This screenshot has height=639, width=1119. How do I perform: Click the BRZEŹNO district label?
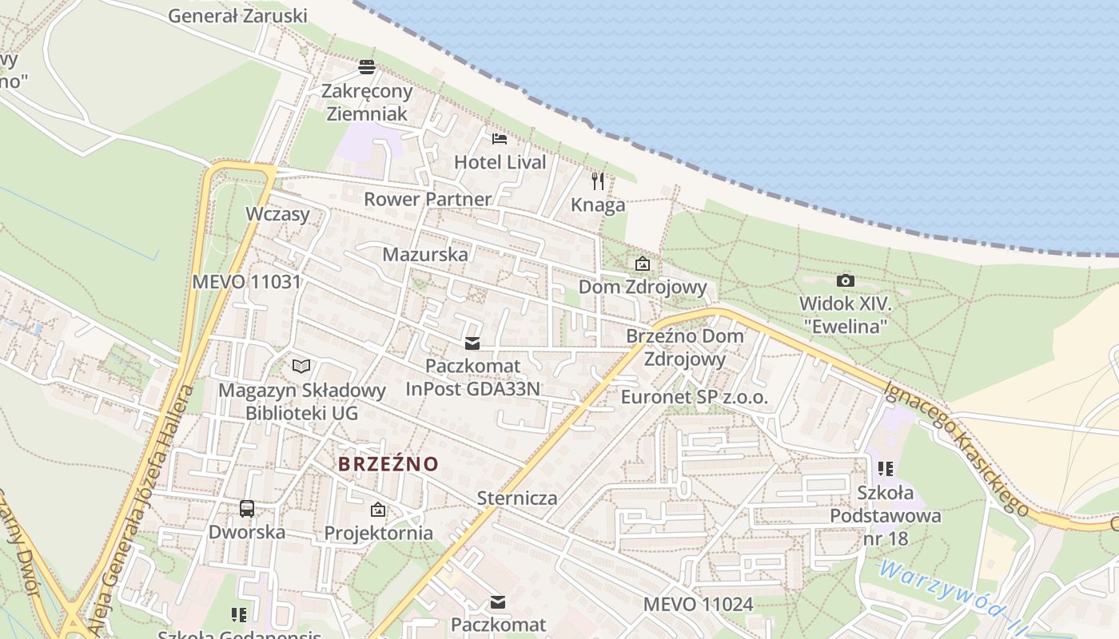click(388, 464)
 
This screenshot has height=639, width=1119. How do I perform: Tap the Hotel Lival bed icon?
click(500, 139)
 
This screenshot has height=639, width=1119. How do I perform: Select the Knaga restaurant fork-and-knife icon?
click(598, 181)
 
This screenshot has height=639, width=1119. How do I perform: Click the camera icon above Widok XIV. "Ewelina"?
click(845, 280)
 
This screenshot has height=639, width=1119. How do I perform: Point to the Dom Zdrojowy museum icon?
click(642, 264)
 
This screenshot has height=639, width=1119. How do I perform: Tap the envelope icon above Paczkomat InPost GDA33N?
click(472, 343)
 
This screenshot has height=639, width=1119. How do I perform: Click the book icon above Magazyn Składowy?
click(301, 366)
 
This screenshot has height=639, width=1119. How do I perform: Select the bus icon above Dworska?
click(247, 509)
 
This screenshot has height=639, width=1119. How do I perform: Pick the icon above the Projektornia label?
click(378, 510)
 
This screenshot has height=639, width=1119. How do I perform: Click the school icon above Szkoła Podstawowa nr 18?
click(885, 468)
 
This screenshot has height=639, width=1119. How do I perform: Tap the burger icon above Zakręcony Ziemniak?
click(367, 66)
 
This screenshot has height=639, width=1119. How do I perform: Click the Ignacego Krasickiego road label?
click(956, 448)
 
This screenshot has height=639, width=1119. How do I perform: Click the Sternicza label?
click(517, 498)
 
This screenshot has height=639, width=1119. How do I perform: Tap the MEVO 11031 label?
click(246, 282)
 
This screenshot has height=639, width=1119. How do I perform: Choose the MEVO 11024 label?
click(698, 605)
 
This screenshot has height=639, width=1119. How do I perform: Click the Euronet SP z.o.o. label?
click(694, 397)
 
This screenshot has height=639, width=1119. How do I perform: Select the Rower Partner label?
click(428, 199)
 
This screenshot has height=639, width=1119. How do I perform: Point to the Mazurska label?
click(425, 255)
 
